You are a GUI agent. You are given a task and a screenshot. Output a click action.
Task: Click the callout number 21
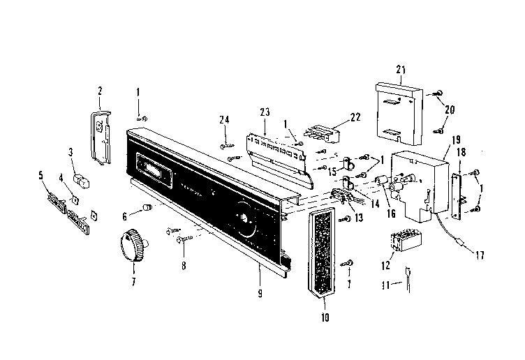pos(400,70)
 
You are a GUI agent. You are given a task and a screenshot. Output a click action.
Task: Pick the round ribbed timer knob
pos(132,246)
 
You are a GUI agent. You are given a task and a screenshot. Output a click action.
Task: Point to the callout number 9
pos(259,294)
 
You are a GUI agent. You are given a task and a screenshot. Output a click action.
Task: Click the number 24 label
pos(224,120)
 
